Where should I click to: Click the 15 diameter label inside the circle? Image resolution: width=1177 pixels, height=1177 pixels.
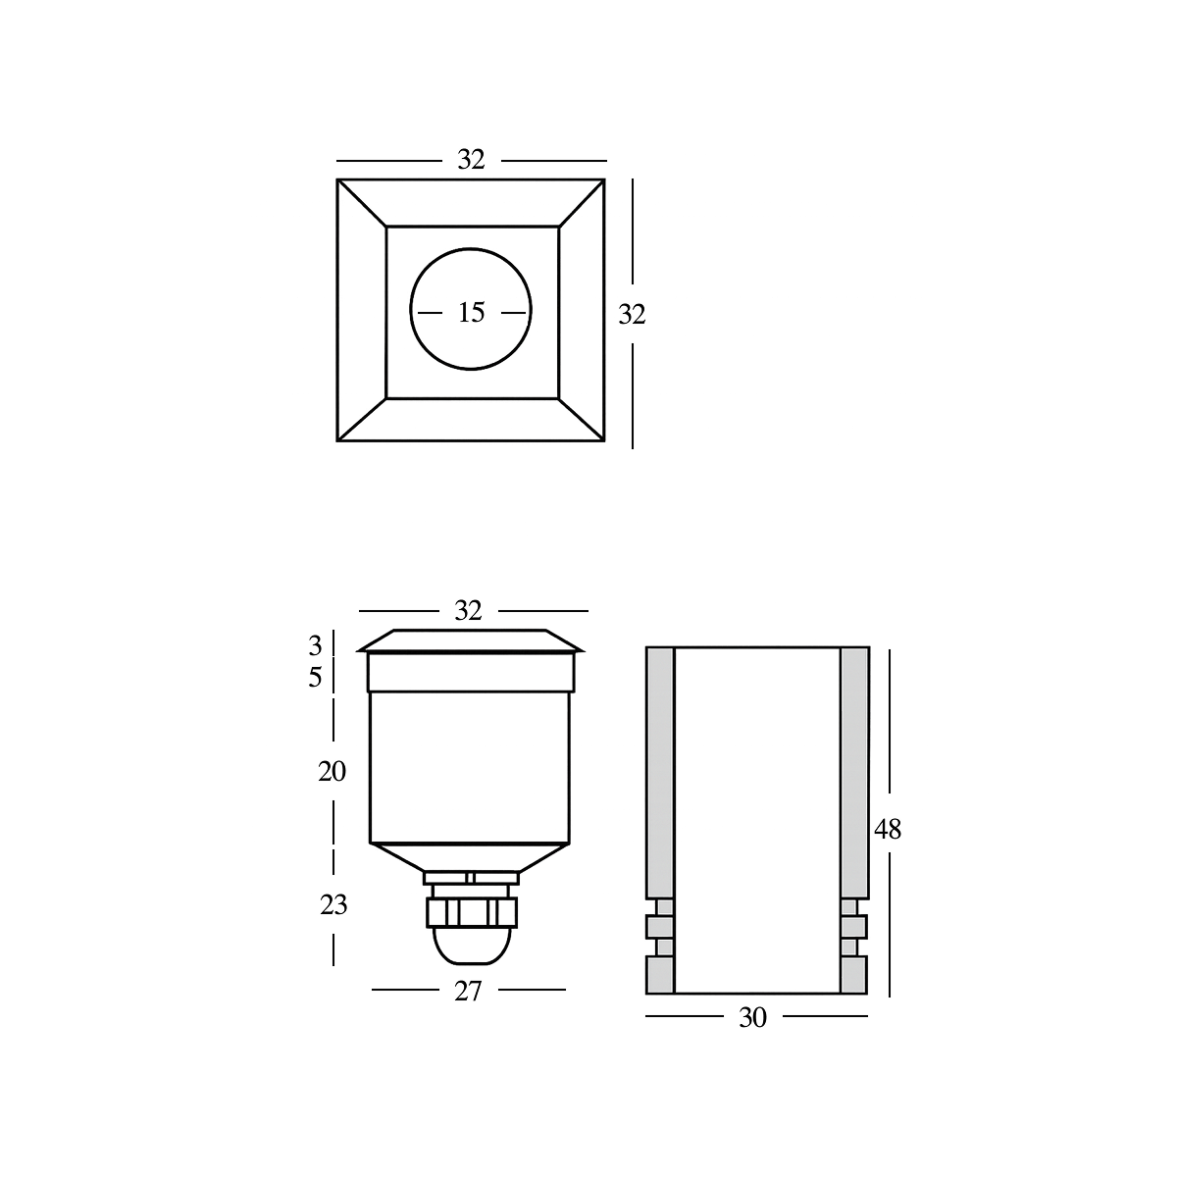point(471,313)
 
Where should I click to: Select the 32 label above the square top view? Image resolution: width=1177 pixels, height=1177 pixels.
point(471,160)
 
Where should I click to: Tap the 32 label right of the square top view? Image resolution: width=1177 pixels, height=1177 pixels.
point(632,314)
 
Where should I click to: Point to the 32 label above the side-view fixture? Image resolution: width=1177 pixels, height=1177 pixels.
point(469,610)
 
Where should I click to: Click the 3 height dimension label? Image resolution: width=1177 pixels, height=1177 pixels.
point(315,645)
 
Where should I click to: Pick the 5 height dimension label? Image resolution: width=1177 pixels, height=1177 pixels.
point(315,678)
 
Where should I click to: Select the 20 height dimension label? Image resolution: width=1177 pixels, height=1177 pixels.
point(333,772)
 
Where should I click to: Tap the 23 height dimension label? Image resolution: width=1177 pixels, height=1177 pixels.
point(333,905)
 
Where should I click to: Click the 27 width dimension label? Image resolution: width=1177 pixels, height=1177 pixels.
point(469,992)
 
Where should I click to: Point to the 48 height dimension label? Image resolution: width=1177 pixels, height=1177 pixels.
point(888,830)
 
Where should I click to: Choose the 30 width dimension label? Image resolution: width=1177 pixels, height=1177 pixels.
point(752,1018)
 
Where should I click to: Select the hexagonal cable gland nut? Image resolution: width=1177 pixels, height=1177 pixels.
point(470,913)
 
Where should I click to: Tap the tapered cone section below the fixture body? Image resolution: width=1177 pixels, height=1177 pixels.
point(470,856)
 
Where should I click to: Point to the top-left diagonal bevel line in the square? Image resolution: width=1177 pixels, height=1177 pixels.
point(362,203)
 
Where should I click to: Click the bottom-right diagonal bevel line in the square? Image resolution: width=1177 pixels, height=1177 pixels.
point(581,420)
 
